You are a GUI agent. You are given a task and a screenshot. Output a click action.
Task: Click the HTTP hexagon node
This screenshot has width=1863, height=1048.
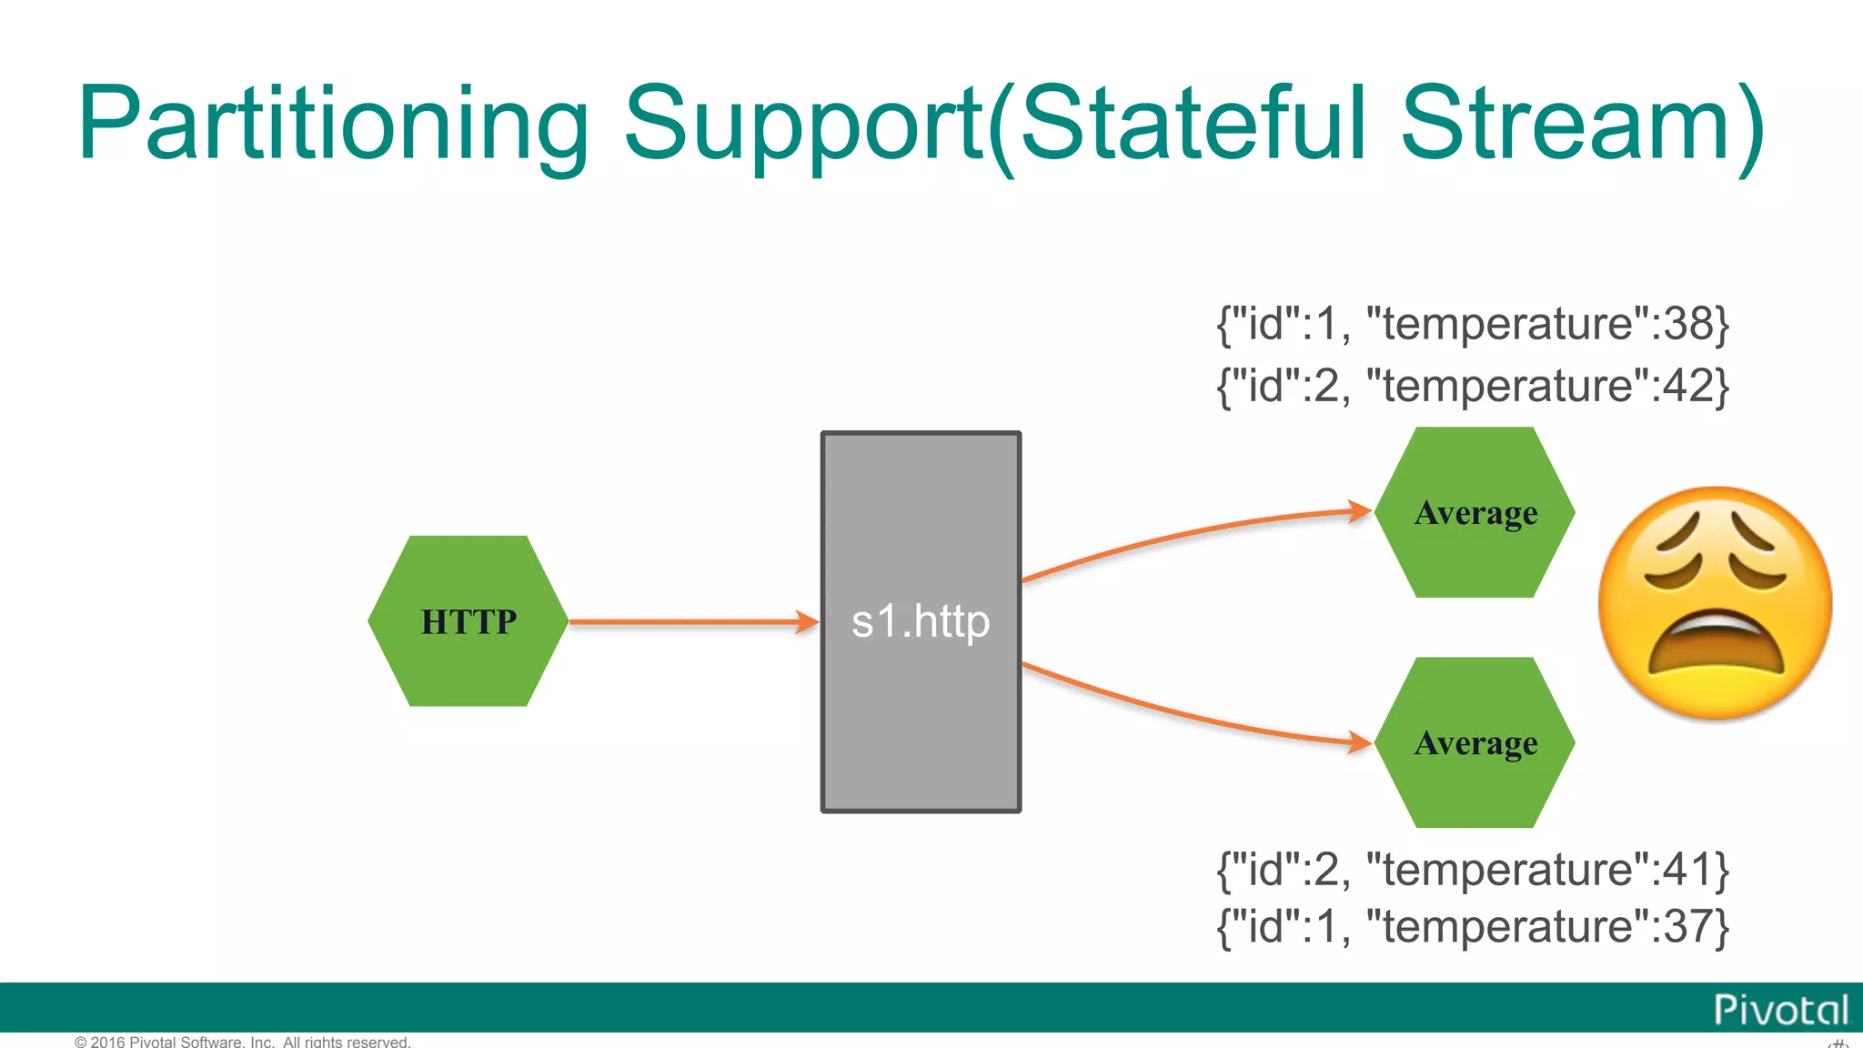[x=468, y=621]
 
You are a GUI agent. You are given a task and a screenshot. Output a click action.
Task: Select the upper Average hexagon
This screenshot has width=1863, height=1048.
[x=1475, y=513]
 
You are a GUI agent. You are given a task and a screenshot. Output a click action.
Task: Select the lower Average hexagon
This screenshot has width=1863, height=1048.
[x=1475, y=743]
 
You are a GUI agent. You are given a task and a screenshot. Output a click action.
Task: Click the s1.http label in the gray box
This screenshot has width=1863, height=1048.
[x=920, y=622]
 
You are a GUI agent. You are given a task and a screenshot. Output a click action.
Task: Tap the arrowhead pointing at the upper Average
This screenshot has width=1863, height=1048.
[x=1359, y=511]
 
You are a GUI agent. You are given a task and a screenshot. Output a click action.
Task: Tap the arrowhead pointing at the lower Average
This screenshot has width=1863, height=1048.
[x=1359, y=742]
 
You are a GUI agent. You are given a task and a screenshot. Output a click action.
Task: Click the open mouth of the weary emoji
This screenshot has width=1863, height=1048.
[x=1716, y=648]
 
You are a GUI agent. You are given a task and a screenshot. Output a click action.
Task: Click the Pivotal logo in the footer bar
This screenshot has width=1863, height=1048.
[x=1780, y=1010]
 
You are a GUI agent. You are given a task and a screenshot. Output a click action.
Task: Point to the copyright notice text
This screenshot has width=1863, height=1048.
[x=243, y=1042]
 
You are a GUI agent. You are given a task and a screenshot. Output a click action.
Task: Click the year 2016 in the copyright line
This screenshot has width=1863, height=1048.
[x=107, y=1042]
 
